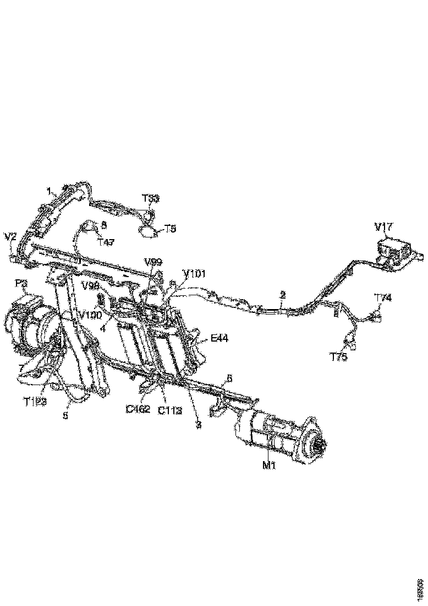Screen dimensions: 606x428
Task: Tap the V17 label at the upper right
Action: [384, 226]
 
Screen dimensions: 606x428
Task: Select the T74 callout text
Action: [383, 298]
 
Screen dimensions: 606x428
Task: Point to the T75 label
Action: [339, 358]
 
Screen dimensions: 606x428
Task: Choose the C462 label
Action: [138, 409]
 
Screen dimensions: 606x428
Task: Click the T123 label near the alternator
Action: [35, 402]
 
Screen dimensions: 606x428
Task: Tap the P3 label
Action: [21, 283]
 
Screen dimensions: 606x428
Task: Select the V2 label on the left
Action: [10, 236]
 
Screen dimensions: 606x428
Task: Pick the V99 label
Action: [153, 261]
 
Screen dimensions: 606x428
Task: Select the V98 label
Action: [91, 286]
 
